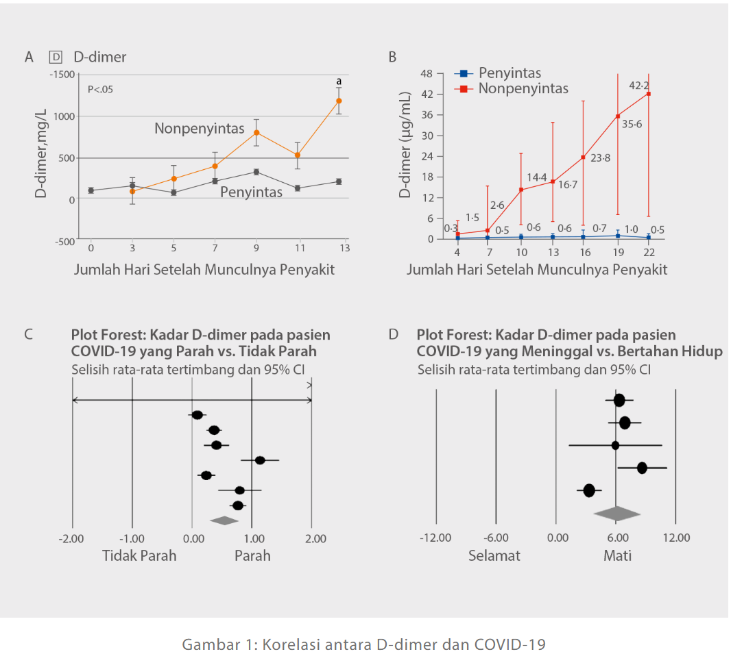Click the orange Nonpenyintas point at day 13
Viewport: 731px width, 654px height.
tap(339, 101)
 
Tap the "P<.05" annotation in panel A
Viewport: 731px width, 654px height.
tap(100, 89)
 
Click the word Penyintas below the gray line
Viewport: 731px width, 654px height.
tap(251, 192)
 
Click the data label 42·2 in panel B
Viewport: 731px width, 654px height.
tap(639, 86)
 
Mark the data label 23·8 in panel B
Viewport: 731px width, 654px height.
tap(600, 158)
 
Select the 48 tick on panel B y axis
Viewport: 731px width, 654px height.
tap(426, 73)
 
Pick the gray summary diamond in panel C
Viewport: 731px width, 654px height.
tap(224, 520)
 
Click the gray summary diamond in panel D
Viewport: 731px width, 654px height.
tap(616, 513)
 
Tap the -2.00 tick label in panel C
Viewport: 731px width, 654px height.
tap(72, 539)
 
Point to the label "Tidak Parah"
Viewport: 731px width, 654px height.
tap(139, 555)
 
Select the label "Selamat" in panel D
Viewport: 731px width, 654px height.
tap(494, 555)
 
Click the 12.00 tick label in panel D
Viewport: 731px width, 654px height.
tap(676, 538)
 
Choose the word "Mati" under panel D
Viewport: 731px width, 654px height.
tap(617, 555)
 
